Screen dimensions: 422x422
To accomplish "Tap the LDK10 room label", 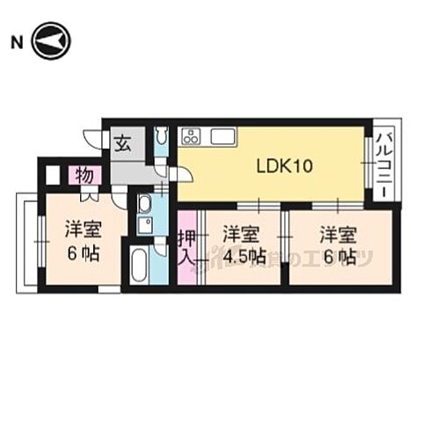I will tap(280, 165).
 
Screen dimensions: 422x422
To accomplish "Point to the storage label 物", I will tap(85, 175).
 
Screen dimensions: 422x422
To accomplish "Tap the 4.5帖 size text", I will tap(244, 258).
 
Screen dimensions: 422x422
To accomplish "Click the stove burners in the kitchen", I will tap(192, 136).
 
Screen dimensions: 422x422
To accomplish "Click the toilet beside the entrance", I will tap(161, 139).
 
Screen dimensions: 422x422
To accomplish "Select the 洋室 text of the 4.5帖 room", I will tap(240, 235).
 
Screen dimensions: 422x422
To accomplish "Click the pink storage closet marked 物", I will tap(85, 175).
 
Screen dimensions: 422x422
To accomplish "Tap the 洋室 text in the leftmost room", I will tap(83, 231).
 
